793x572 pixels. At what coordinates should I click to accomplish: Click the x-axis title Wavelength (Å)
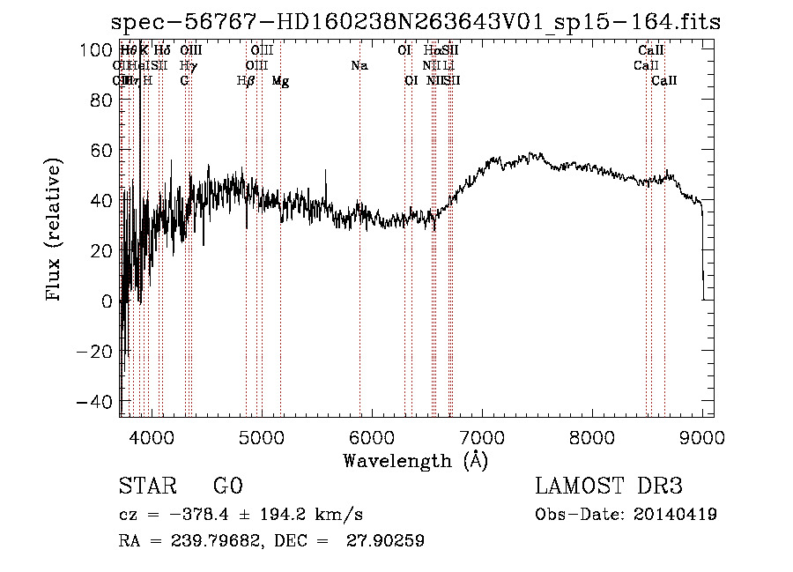(415, 460)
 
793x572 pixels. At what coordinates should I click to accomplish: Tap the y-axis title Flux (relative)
(54, 231)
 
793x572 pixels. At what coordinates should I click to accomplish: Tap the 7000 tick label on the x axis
(482, 436)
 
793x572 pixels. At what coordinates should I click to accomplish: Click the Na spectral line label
(359, 65)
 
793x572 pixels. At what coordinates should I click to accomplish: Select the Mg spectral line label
(280, 81)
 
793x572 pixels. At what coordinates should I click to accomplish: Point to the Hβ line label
(246, 81)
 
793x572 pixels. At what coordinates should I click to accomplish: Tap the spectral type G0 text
(228, 487)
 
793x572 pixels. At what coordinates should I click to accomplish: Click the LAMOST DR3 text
(608, 487)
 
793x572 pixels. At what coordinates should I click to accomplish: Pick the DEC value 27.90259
(389, 541)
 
